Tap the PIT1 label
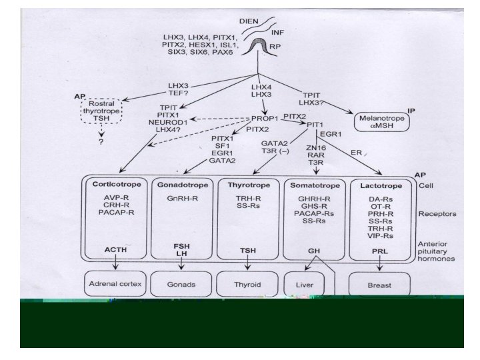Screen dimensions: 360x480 (315, 125)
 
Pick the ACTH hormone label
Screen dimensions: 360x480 (115, 249)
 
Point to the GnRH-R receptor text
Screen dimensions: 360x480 (183, 199)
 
